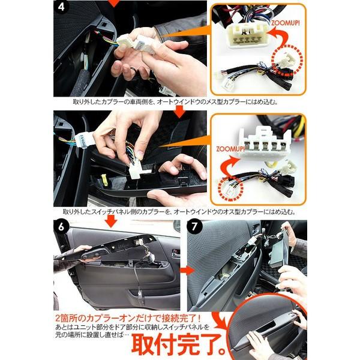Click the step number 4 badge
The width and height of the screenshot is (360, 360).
coord(61,7)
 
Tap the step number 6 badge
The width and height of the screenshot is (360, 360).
coord(61,227)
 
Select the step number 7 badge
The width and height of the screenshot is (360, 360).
coord(194,227)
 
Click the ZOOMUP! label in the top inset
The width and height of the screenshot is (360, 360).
coord(286,23)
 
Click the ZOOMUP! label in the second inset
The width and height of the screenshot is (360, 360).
coord(230,149)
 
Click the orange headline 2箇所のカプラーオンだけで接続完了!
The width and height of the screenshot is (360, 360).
coord(128,318)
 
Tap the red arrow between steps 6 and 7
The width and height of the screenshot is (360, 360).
coord(187,270)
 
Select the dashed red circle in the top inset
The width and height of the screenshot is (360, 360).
coord(287,60)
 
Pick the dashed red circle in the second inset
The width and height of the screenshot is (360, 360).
coord(230,189)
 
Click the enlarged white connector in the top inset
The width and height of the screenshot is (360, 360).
coord(247,35)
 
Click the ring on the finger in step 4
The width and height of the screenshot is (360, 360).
coord(132,70)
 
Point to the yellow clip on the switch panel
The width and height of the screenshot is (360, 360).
coord(104,178)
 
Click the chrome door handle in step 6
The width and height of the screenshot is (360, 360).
coord(176,253)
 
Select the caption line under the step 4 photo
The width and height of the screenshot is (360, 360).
coord(175,102)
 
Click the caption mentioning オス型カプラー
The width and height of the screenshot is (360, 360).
coord(179,211)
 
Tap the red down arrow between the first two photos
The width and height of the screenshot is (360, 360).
coord(180,112)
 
